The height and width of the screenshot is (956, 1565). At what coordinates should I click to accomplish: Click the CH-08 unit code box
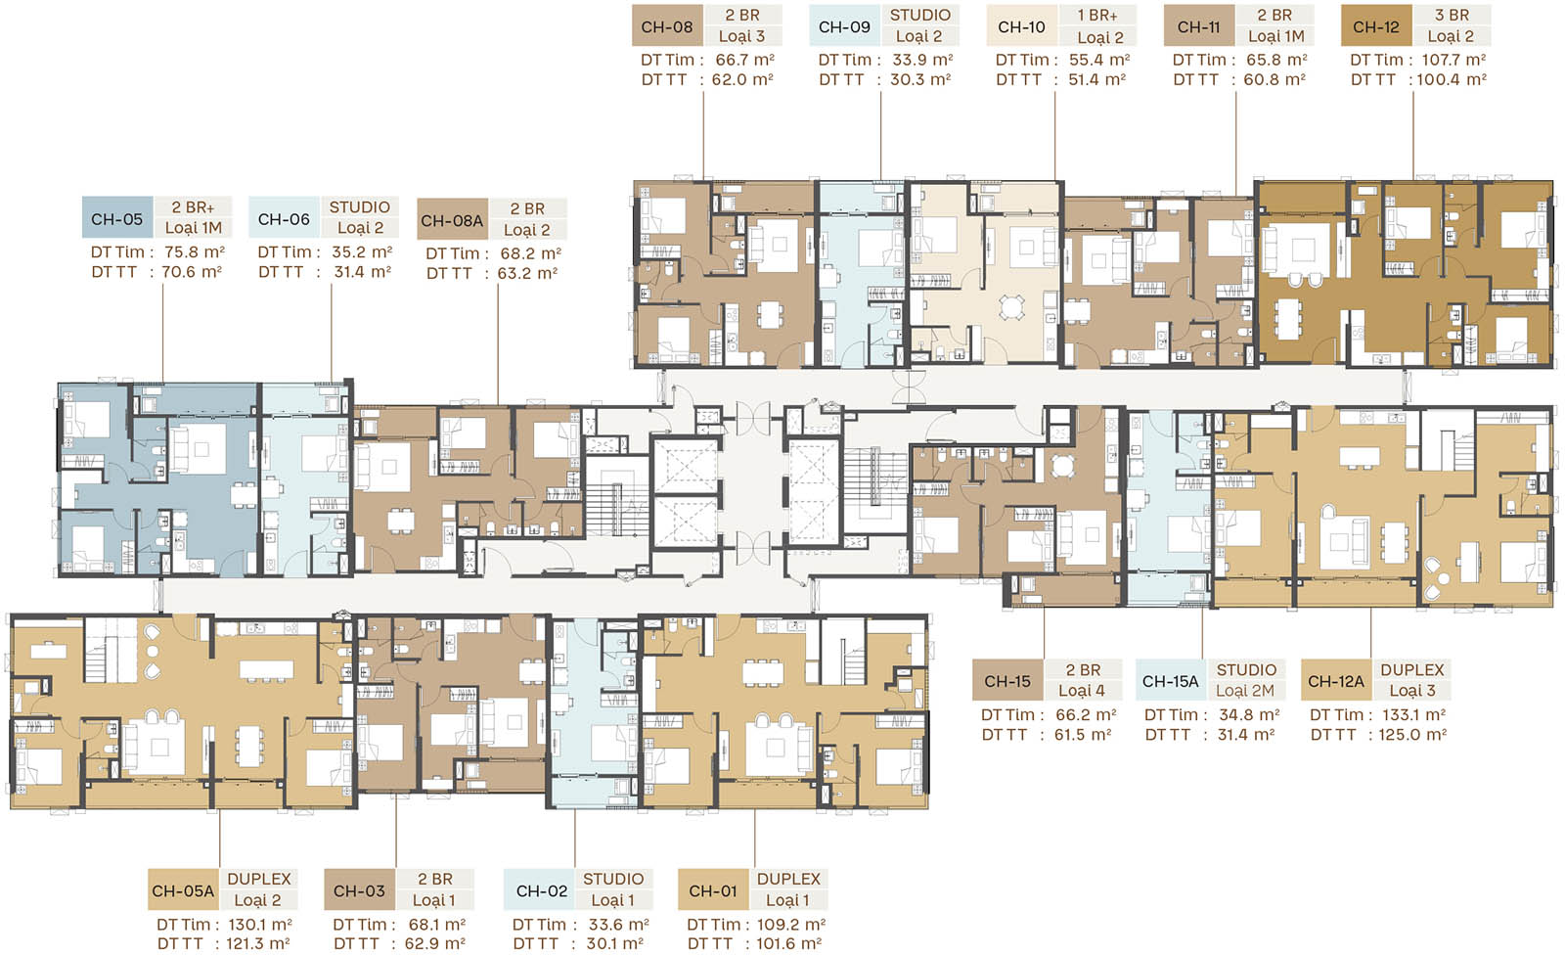tap(667, 27)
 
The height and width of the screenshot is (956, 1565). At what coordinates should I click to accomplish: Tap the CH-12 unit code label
tap(1376, 27)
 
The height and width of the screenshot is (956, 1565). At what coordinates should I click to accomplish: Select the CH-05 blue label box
tap(117, 219)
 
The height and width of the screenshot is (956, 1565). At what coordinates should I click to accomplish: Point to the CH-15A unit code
tap(1170, 681)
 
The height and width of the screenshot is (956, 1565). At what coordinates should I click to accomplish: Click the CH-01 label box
tap(713, 890)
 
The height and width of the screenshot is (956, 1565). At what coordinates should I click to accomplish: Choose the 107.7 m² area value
tap(1453, 60)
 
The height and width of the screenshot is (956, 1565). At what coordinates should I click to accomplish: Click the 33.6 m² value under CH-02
tap(619, 925)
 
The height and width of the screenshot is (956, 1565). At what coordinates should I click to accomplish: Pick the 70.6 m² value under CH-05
tap(192, 272)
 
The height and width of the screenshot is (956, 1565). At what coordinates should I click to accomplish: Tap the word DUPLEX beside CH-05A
tap(259, 879)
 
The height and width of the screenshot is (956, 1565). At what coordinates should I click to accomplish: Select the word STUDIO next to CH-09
tap(920, 16)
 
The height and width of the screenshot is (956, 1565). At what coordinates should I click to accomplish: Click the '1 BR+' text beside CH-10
tap(1097, 16)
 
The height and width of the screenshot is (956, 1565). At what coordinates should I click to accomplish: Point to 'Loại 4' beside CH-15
tap(1082, 691)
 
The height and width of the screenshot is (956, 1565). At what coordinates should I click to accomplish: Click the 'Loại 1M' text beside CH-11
tap(1275, 36)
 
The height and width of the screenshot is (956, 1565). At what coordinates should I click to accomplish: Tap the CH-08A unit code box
tap(452, 221)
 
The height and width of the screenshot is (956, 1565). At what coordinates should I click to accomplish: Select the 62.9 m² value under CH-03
tap(434, 943)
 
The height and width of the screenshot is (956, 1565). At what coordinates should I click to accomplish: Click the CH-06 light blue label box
tap(285, 219)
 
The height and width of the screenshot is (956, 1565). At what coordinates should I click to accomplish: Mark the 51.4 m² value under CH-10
tap(1096, 79)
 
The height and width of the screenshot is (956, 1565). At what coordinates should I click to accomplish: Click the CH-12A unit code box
tap(1336, 681)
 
